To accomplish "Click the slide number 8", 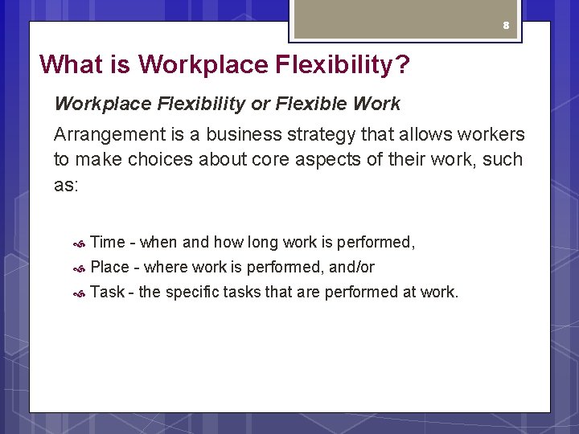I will point(506,26).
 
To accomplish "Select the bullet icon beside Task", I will point(79,293).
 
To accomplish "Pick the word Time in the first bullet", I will point(108,242).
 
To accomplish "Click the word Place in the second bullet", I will point(110,267).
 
